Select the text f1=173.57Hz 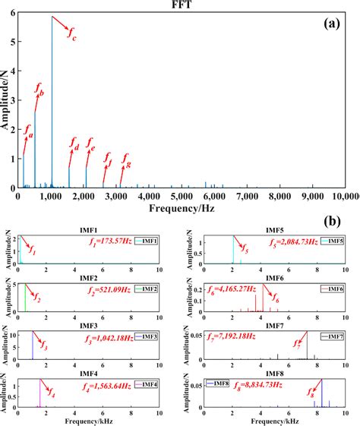click(x=110, y=241)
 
